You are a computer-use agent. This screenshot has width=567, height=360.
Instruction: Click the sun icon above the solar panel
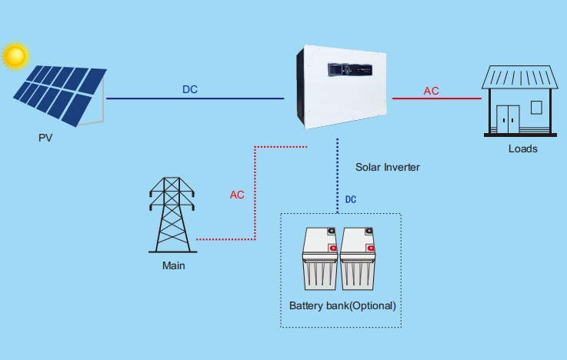tap(15, 56)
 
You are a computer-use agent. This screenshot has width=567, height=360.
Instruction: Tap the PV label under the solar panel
tap(45, 139)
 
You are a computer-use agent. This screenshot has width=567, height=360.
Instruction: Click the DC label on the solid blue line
tap(190, 89)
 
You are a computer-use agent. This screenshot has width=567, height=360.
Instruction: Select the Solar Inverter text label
tap(388, 167)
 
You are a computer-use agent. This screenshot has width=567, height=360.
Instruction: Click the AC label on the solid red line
tap(432, 91)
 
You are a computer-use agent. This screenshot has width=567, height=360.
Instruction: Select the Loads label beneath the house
tap(522, 148)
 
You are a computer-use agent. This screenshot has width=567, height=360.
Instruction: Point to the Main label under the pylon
tap(173, 266)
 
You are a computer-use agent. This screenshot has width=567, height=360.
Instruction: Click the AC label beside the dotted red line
tap(237, 195)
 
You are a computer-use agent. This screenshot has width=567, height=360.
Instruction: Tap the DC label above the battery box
tap(351, 199)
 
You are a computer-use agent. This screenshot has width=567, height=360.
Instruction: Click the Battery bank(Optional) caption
tap(342, 305)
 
